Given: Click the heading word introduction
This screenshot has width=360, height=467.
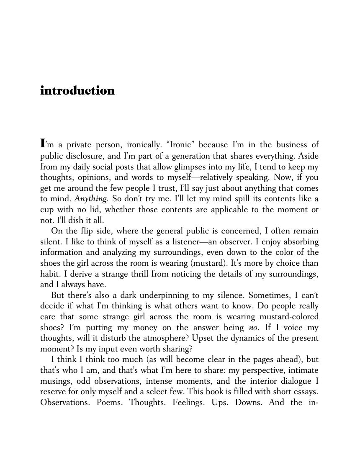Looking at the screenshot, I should point(77,91).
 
